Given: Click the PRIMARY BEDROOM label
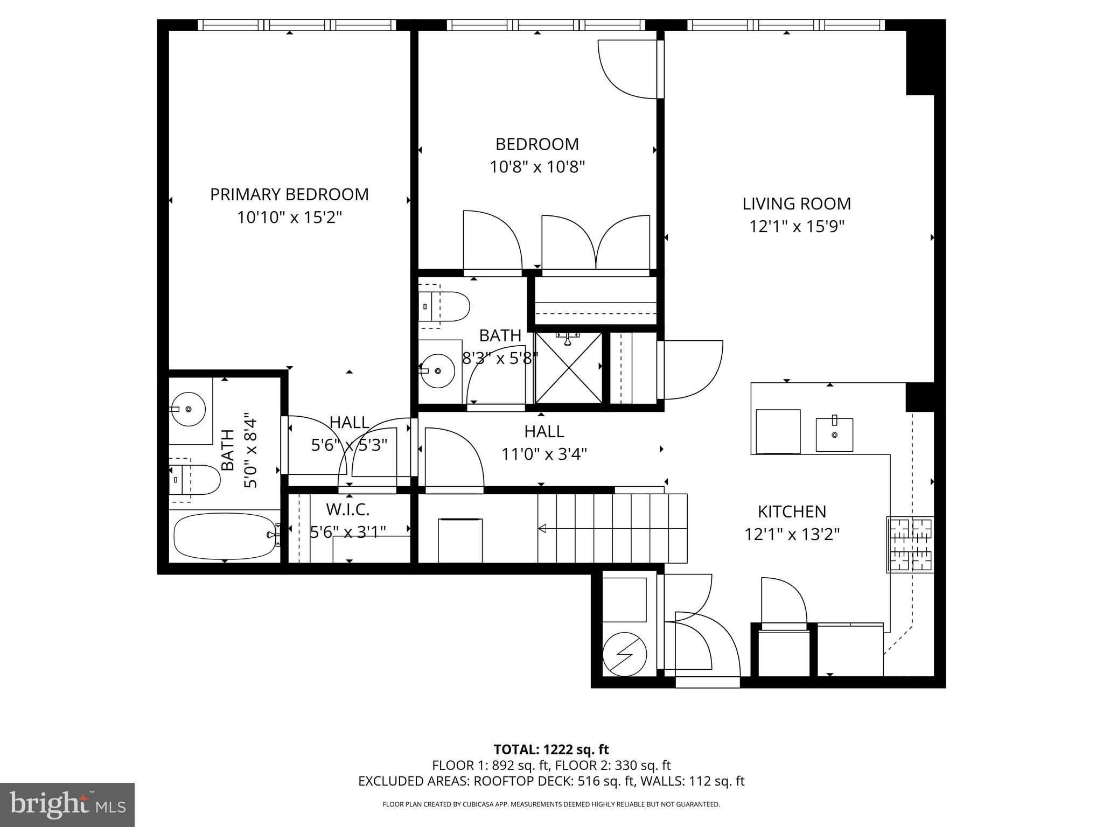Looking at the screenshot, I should pos(289,194).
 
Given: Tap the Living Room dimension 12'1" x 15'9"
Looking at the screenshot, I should pos(796,227).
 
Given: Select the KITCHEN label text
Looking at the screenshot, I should pos(792,511).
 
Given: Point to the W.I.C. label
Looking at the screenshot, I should pos(348,509).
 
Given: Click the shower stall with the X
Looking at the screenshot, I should pos(568,368).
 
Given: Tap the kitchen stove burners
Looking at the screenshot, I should pos(910,544).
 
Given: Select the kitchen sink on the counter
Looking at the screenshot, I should pos(834,434).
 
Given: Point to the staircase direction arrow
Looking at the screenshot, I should pos(543,529).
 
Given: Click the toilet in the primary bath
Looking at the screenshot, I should pos(195,479).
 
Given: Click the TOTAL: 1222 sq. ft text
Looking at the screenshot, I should pos(551,749).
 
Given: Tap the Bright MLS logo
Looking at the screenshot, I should pos(67,804).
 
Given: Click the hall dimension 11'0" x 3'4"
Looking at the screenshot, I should pos(544,454).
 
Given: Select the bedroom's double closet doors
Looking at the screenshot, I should pos(595,242).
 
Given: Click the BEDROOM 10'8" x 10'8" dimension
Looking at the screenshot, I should pos(537,167).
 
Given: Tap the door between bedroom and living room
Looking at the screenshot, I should pos(630,70).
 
